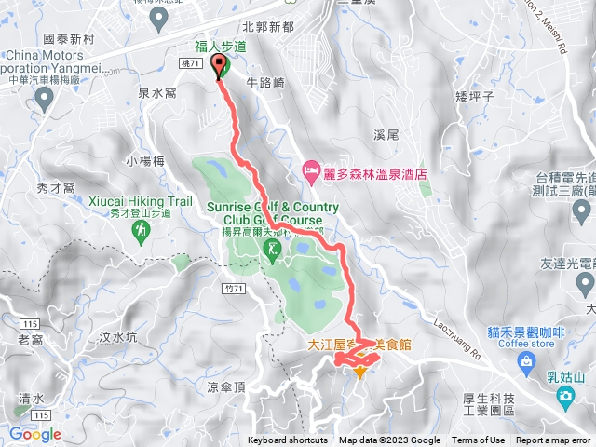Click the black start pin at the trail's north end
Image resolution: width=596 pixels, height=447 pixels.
(x=221, y=66)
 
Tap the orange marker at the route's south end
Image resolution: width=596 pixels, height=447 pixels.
(x=360, y=372)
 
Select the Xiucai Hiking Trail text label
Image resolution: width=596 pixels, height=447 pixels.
(x=142, y=201)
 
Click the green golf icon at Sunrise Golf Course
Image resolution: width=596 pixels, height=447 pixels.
(x=272, y=249)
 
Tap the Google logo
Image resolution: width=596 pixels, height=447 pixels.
(x=35, y=434)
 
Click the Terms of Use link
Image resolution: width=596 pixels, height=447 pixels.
(x=479, y=440)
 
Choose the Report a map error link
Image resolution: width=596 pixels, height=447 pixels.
(x=553, y=440)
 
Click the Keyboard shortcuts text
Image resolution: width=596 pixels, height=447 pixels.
(x=288, y=440)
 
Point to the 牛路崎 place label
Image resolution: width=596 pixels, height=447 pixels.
(x=264, y=81)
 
